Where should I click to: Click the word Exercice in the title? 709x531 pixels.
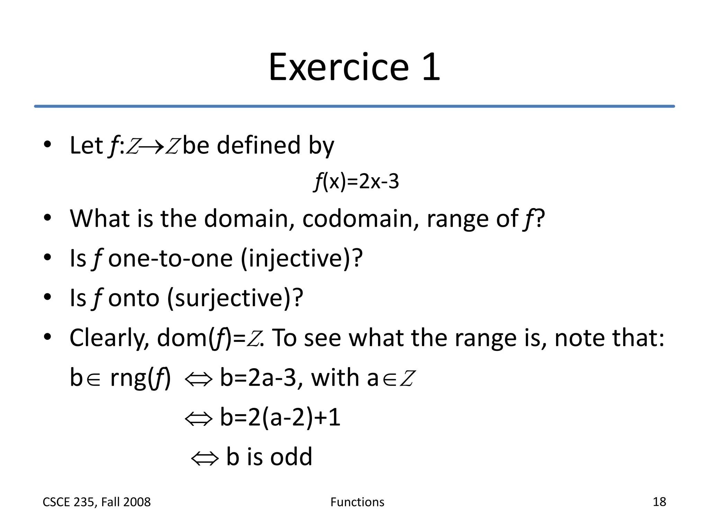click(x=339, y=67)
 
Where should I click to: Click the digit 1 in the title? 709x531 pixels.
click(x=431, y=67)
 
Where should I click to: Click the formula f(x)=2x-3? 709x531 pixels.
click(x=356, y=181)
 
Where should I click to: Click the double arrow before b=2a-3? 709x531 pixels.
click(x=198, y=379)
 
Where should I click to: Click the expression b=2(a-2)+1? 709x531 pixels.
click(x=280, y=418)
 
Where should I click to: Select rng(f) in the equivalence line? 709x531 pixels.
click(x=140, y=378)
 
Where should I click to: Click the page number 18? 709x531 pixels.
click(x=659, y=502)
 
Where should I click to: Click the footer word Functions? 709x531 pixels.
click(x=357, y=502)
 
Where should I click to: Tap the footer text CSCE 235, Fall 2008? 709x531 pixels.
click(x=97, y=502)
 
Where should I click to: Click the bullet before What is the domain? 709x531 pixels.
click(x=47, y=218)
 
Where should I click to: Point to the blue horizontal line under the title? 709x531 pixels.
click(x=354, y=106)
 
